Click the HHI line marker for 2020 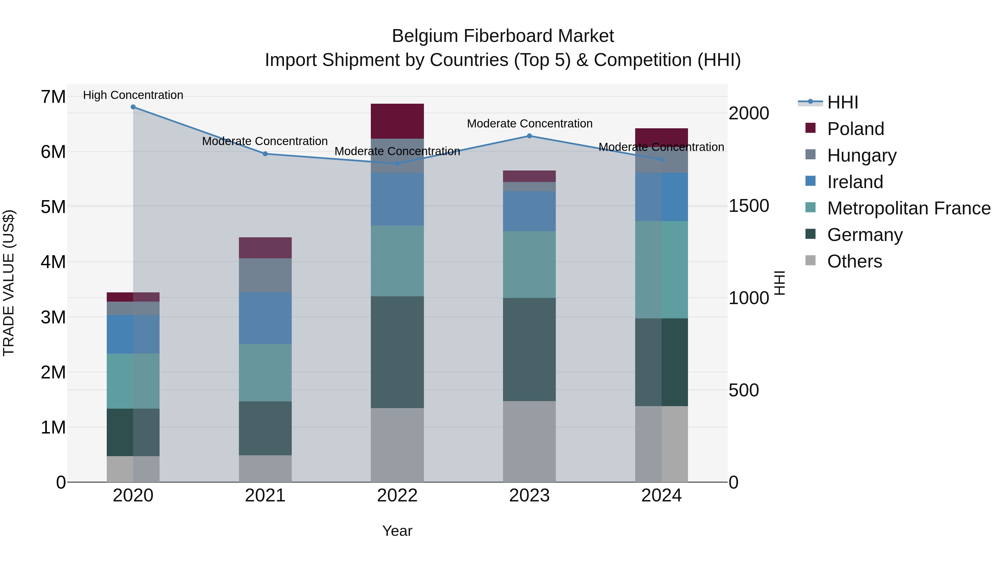coord(133,107)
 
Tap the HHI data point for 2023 coord(529,136)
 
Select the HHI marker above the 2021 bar coord(265,154)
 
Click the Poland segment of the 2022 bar coord(397,121)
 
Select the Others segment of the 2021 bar coord(265,468)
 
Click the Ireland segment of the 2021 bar coord(265,318)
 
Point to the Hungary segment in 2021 coord(265,275)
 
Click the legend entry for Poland coord(855,129)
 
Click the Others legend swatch coord(810,260)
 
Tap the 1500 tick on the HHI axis coord(749,206)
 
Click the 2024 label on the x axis coord(661,496)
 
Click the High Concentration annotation coord(133,95)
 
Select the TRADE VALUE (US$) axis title coord(9,283)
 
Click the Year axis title coord(397,531)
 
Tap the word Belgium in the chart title coord(425,36)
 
